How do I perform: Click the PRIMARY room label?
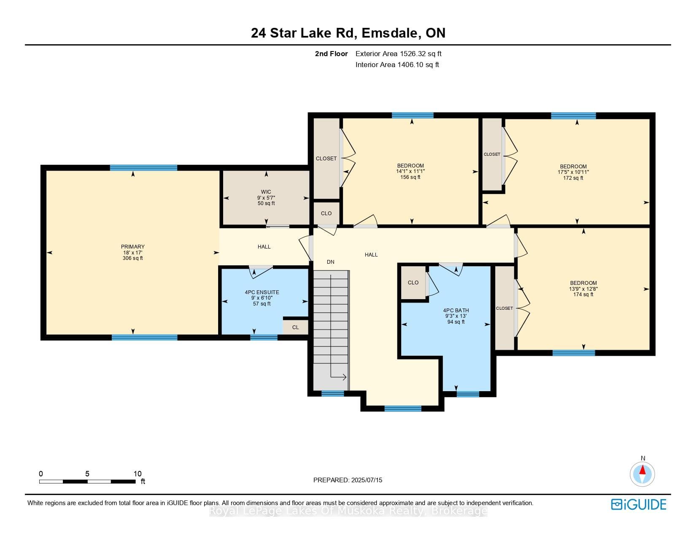(132, 247)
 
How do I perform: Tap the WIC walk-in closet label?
(266, 192)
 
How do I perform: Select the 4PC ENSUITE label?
(262, 292)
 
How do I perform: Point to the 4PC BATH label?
(456, 311)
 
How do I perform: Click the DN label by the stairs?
(331, 262)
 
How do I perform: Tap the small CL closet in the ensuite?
(295, 327)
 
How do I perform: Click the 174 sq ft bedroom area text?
(583, 295)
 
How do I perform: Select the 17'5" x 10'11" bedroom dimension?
(573, 172)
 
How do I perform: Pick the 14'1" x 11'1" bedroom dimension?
(410, 171)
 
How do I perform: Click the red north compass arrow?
(642, 470)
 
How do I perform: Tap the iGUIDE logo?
(639, 504)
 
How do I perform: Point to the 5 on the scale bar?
(87, 473)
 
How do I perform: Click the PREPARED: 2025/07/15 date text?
(348, 480)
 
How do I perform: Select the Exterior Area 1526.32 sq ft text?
(399, 54)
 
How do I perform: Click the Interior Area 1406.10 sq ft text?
(397, 65)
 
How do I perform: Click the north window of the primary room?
(143, 168)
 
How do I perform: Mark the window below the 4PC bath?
(468, 394)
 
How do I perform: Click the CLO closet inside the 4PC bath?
(413, 283)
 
